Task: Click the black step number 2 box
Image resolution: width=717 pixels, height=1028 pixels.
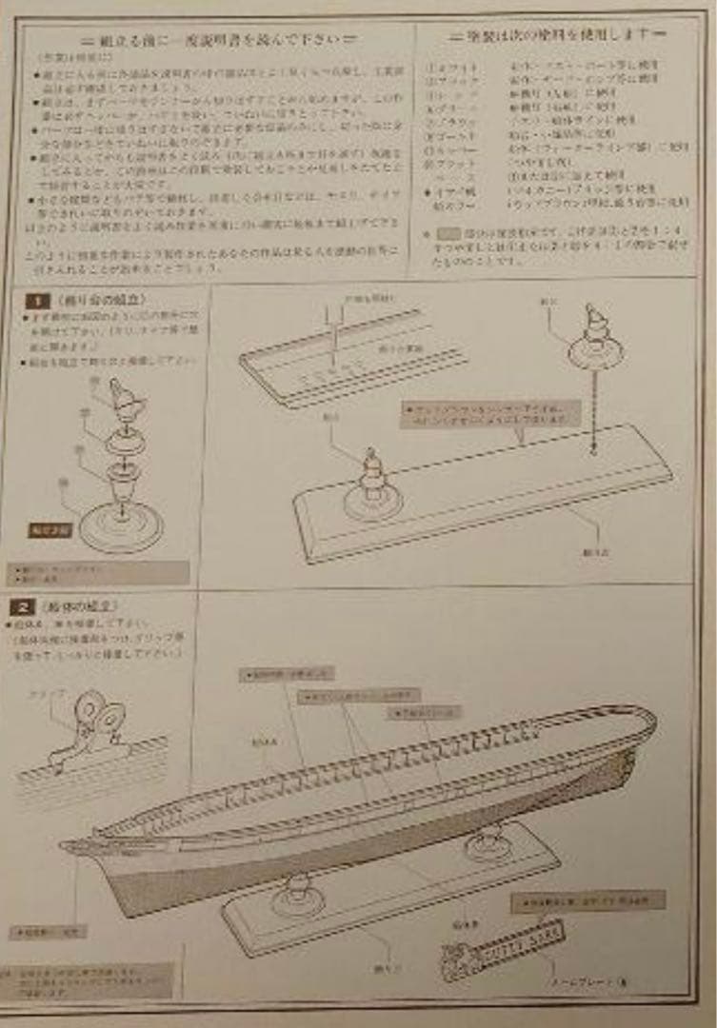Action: point(23,606)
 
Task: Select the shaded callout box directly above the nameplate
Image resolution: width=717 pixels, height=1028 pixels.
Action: point(588,900)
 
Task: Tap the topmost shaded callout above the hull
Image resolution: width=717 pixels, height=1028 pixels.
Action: point(286,675)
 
